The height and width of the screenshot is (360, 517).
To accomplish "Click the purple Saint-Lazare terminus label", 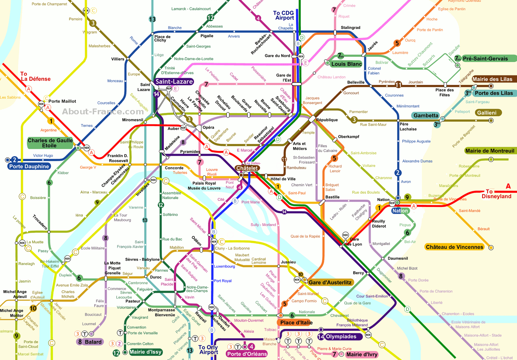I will tap(174, 82).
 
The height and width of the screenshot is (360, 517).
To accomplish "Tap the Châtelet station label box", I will tap(247, 168).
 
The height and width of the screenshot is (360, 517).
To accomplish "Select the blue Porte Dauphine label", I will tap(29, 167).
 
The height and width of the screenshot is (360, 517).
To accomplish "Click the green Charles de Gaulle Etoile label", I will tap(50, 143).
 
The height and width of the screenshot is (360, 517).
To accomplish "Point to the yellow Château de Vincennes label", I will tap(455, 247).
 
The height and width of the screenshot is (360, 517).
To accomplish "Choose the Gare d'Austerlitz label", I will tap(330, 283).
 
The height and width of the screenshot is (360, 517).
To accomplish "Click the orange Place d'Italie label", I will tap(296, 323).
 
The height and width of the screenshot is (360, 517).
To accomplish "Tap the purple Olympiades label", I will tap(341, 337).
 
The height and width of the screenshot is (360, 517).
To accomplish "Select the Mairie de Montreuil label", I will tap(490, 151).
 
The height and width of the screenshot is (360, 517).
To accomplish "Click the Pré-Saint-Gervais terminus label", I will tap(485, 59).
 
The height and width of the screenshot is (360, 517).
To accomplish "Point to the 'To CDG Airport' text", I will tap(284, 15).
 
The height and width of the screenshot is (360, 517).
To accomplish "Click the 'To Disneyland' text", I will tap(496, 194).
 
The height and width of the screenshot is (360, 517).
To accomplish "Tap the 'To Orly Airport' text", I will tap(208, 350).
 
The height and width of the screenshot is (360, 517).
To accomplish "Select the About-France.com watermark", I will tap(103, 112).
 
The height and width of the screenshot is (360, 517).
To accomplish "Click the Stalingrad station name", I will tap(350, 28).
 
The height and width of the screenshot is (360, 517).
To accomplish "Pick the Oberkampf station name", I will tap(349, 137).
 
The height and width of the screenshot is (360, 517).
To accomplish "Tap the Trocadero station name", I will tap(40, 222).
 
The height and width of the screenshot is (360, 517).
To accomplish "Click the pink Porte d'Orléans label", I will tap(247, 354).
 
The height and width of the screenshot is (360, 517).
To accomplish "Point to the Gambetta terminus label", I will tap(426, 116).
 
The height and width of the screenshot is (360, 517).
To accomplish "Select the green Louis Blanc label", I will tap(346, 64).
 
